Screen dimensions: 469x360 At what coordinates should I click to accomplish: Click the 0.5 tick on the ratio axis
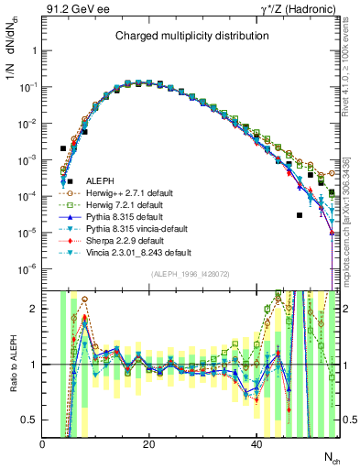click(30, 420)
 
